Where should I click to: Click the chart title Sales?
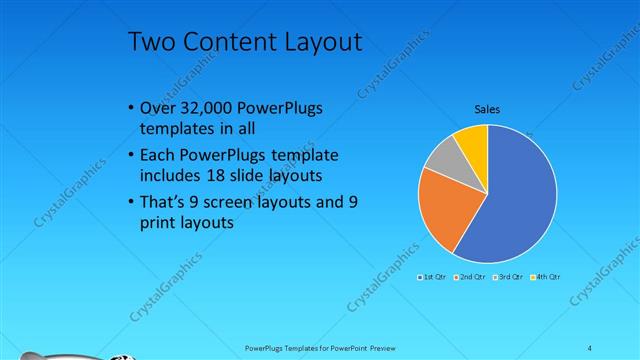coord(487,109)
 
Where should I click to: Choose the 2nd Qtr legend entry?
coord(470,276)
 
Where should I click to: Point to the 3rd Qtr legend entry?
coord(509,276)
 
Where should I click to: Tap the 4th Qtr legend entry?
coord(546,276)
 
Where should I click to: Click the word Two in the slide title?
coord(152,42)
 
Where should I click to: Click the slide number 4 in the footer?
coord(590,347)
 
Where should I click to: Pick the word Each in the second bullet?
coord(159,156)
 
